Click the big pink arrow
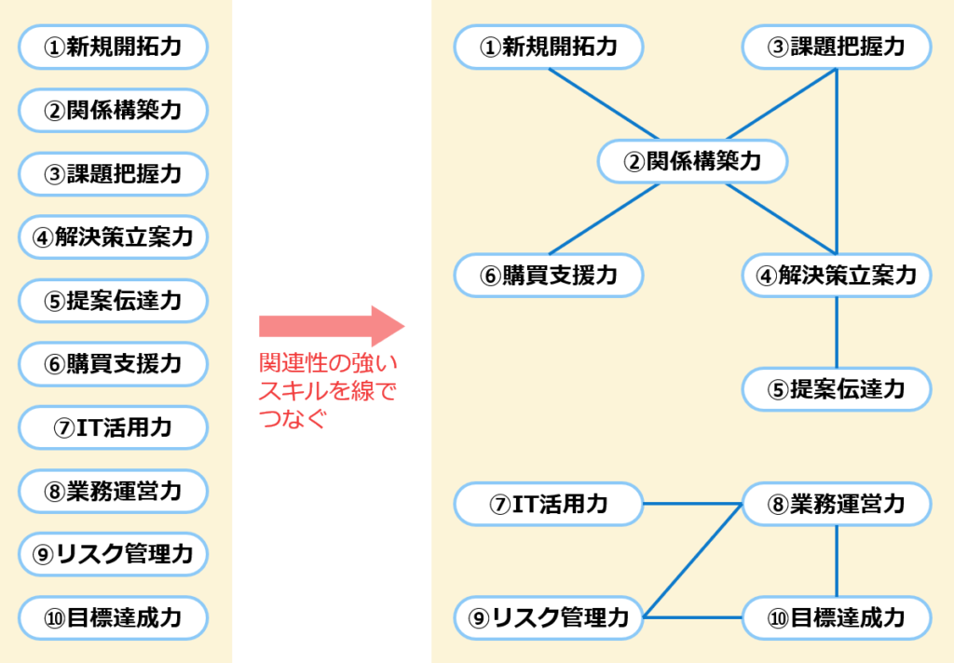(x=332, y=326)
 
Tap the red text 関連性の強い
(x=328, y=363)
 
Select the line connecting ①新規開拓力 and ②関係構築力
(x=604, y=104)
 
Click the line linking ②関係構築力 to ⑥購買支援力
(x=604, y=219)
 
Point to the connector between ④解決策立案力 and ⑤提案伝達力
(x=837, y=332)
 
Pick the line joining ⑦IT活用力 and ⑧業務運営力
(x=692, y=504)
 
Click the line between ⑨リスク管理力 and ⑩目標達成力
(x=692, y=617)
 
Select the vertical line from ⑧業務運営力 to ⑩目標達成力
(x=837, y=561)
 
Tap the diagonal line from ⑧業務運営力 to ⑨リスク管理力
(x=693, y=561)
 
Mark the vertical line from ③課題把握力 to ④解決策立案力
(x=837, y=161)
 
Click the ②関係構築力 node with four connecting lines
(x=692, y=161)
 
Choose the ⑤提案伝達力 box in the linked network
(x=837, y=389)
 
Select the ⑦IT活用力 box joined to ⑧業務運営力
(x=549, y=504)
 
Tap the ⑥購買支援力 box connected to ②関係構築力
(x=549, y=276)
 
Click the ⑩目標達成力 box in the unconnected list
(x=113, y=618)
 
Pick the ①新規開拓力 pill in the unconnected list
(x=113, y=47)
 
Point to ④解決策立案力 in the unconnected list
(x=113, y=237)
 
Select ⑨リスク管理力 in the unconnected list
(x=113, y=554)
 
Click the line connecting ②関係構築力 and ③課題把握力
(x=782, y=104)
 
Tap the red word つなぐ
(x=293, y=418)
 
